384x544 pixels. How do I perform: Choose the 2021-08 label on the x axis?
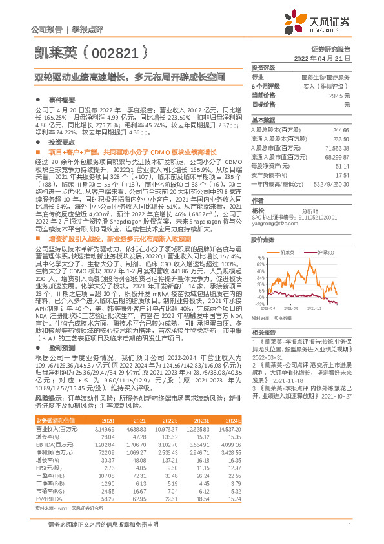point(298,309)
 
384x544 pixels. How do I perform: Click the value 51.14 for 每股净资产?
point(341,165)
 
